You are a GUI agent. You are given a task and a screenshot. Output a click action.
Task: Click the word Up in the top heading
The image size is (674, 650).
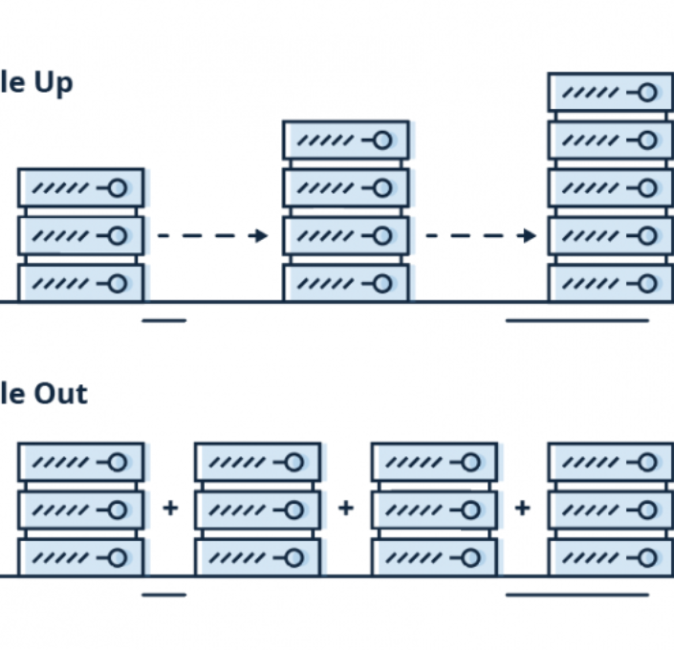click(x=54, y=84)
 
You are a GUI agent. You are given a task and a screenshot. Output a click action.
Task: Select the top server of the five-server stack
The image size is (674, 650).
click(x=610, y=93)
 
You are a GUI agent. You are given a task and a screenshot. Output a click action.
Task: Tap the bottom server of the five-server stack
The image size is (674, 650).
click(x=610, y=283)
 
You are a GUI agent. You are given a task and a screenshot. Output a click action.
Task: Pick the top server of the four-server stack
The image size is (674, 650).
click(x=345, y=141)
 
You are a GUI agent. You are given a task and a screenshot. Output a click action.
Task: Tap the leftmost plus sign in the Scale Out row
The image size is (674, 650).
click(x=170, y=509)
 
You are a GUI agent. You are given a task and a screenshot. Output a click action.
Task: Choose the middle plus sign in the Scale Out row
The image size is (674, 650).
click(x=346, y=509)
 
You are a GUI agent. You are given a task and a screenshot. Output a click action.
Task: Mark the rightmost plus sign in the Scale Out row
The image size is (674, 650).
click(x=522, y=509)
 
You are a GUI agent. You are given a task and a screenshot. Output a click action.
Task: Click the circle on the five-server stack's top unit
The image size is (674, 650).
click(x=647, y=93)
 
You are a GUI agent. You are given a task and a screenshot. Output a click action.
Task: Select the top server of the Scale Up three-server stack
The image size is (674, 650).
click(x=80, y=187)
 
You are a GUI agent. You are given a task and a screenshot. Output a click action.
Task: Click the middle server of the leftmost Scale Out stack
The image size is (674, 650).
click(x=80, y=509)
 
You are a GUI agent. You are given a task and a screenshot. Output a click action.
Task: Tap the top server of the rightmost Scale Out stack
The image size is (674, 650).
click(x=610, y=463)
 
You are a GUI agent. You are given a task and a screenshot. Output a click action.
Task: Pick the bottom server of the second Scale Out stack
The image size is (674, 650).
click(x=257, y=557)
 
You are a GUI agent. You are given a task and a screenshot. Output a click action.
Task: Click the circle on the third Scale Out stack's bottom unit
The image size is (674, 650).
click(x=470, y=557)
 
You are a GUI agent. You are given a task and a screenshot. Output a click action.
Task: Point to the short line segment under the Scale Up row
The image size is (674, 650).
click(x=163, y=320)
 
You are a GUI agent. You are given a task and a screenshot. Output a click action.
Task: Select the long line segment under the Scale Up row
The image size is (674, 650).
click(x=576, y=320)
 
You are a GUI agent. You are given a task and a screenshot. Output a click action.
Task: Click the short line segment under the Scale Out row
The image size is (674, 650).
click(x=163, y=595)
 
